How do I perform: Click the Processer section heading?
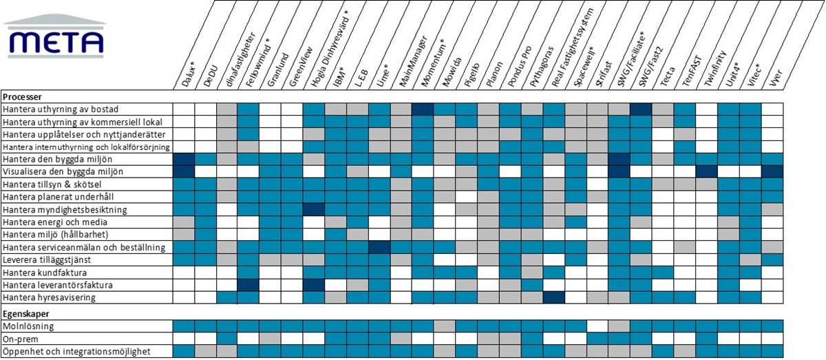click(23, 97)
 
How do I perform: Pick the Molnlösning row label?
click(29, 326)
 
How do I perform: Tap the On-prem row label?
click(21, 339)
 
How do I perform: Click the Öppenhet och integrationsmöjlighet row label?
click(76, 352)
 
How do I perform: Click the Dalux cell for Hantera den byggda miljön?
click(183, 159)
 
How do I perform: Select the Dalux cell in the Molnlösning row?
click(183, 326)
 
